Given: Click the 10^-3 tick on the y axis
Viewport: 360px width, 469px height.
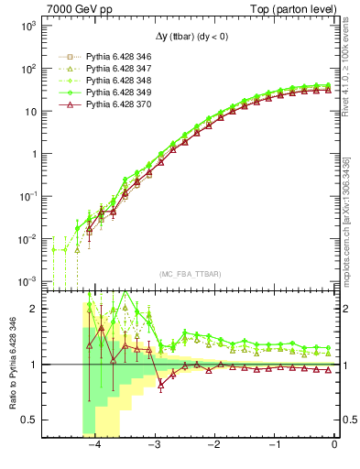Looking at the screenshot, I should [27, 280].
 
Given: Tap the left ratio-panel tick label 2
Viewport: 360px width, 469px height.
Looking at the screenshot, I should [35, 309].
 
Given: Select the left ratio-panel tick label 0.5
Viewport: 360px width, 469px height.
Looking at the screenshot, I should [31, 420].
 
